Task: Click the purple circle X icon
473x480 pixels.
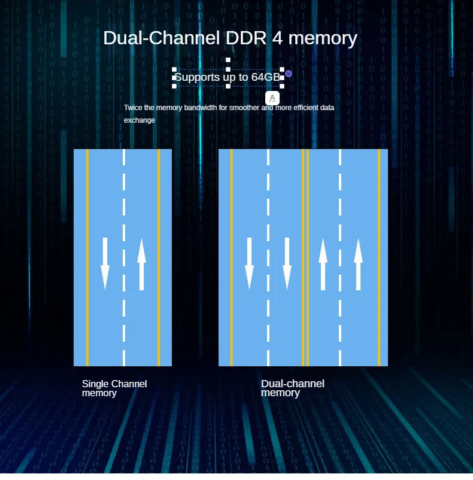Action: click(x=289, y=73)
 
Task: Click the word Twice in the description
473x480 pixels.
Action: click(x=134, y=108)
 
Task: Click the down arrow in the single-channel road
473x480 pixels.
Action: click(x=105, y=263)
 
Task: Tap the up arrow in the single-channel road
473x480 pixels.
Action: click(x=142, y=263)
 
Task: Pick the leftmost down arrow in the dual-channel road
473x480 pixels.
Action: click(x=250, y=263)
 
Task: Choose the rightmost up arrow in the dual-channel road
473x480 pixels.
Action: click(x=359, y=263)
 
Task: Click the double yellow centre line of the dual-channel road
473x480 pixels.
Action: click(x=305, y=257)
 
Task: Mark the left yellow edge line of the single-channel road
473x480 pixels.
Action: click(x=87, y=257)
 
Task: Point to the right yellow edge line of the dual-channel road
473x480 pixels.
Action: click(x=379, y=257)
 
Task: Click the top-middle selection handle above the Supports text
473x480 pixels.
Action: click(x=228, y=60)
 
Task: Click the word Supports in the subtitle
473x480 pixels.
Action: click(x=197, y=77)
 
